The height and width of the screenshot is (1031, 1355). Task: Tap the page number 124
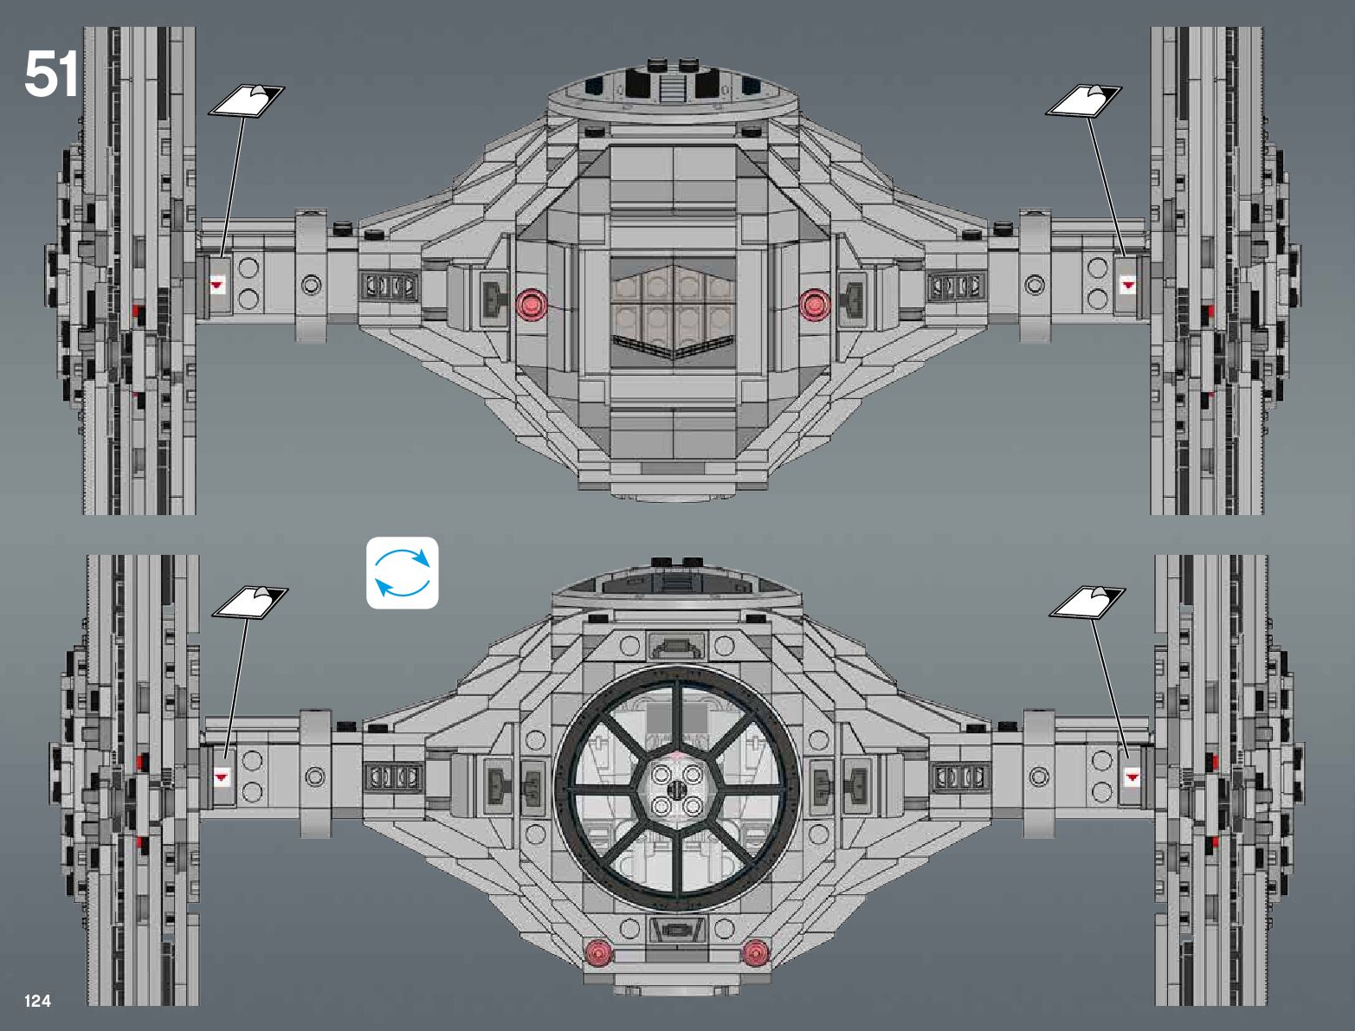pos(38,1001)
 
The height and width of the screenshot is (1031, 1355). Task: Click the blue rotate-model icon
pos(402,573)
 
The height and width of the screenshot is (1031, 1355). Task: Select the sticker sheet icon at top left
pos(246,101)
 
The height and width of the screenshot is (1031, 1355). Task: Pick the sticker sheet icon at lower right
pos(1087,602)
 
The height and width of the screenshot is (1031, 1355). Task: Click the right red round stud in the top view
pos(813,304)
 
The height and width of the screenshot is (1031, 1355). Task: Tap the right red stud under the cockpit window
pos(755,952)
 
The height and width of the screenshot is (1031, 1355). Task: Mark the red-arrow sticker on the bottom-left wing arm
pos(222,776)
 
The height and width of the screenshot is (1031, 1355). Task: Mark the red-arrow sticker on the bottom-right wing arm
pos(1132,777)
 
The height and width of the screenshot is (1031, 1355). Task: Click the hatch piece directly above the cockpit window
pos(676,645)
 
